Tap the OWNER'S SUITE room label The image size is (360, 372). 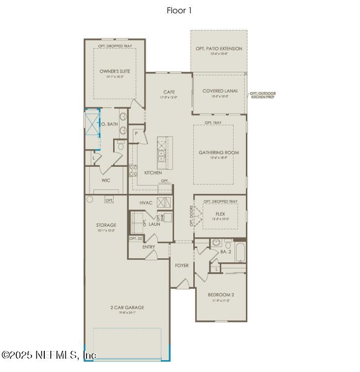click(115, 71)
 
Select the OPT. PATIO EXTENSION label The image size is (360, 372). click(219, 49)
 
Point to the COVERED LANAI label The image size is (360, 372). click(220, 91)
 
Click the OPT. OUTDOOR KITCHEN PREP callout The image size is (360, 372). click(263, 95)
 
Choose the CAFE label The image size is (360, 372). click(169, 92)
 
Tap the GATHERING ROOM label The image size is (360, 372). click(218, 153)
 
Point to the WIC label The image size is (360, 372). click(106, 181)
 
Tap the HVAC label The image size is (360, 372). click(146, 202)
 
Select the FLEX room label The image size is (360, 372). click(220, 214)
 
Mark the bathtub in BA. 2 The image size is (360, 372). click(240, 251)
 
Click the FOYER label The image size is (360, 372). click(182, 266)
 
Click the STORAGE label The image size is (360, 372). click(106, 225)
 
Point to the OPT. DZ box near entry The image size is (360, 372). click(136, 239)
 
